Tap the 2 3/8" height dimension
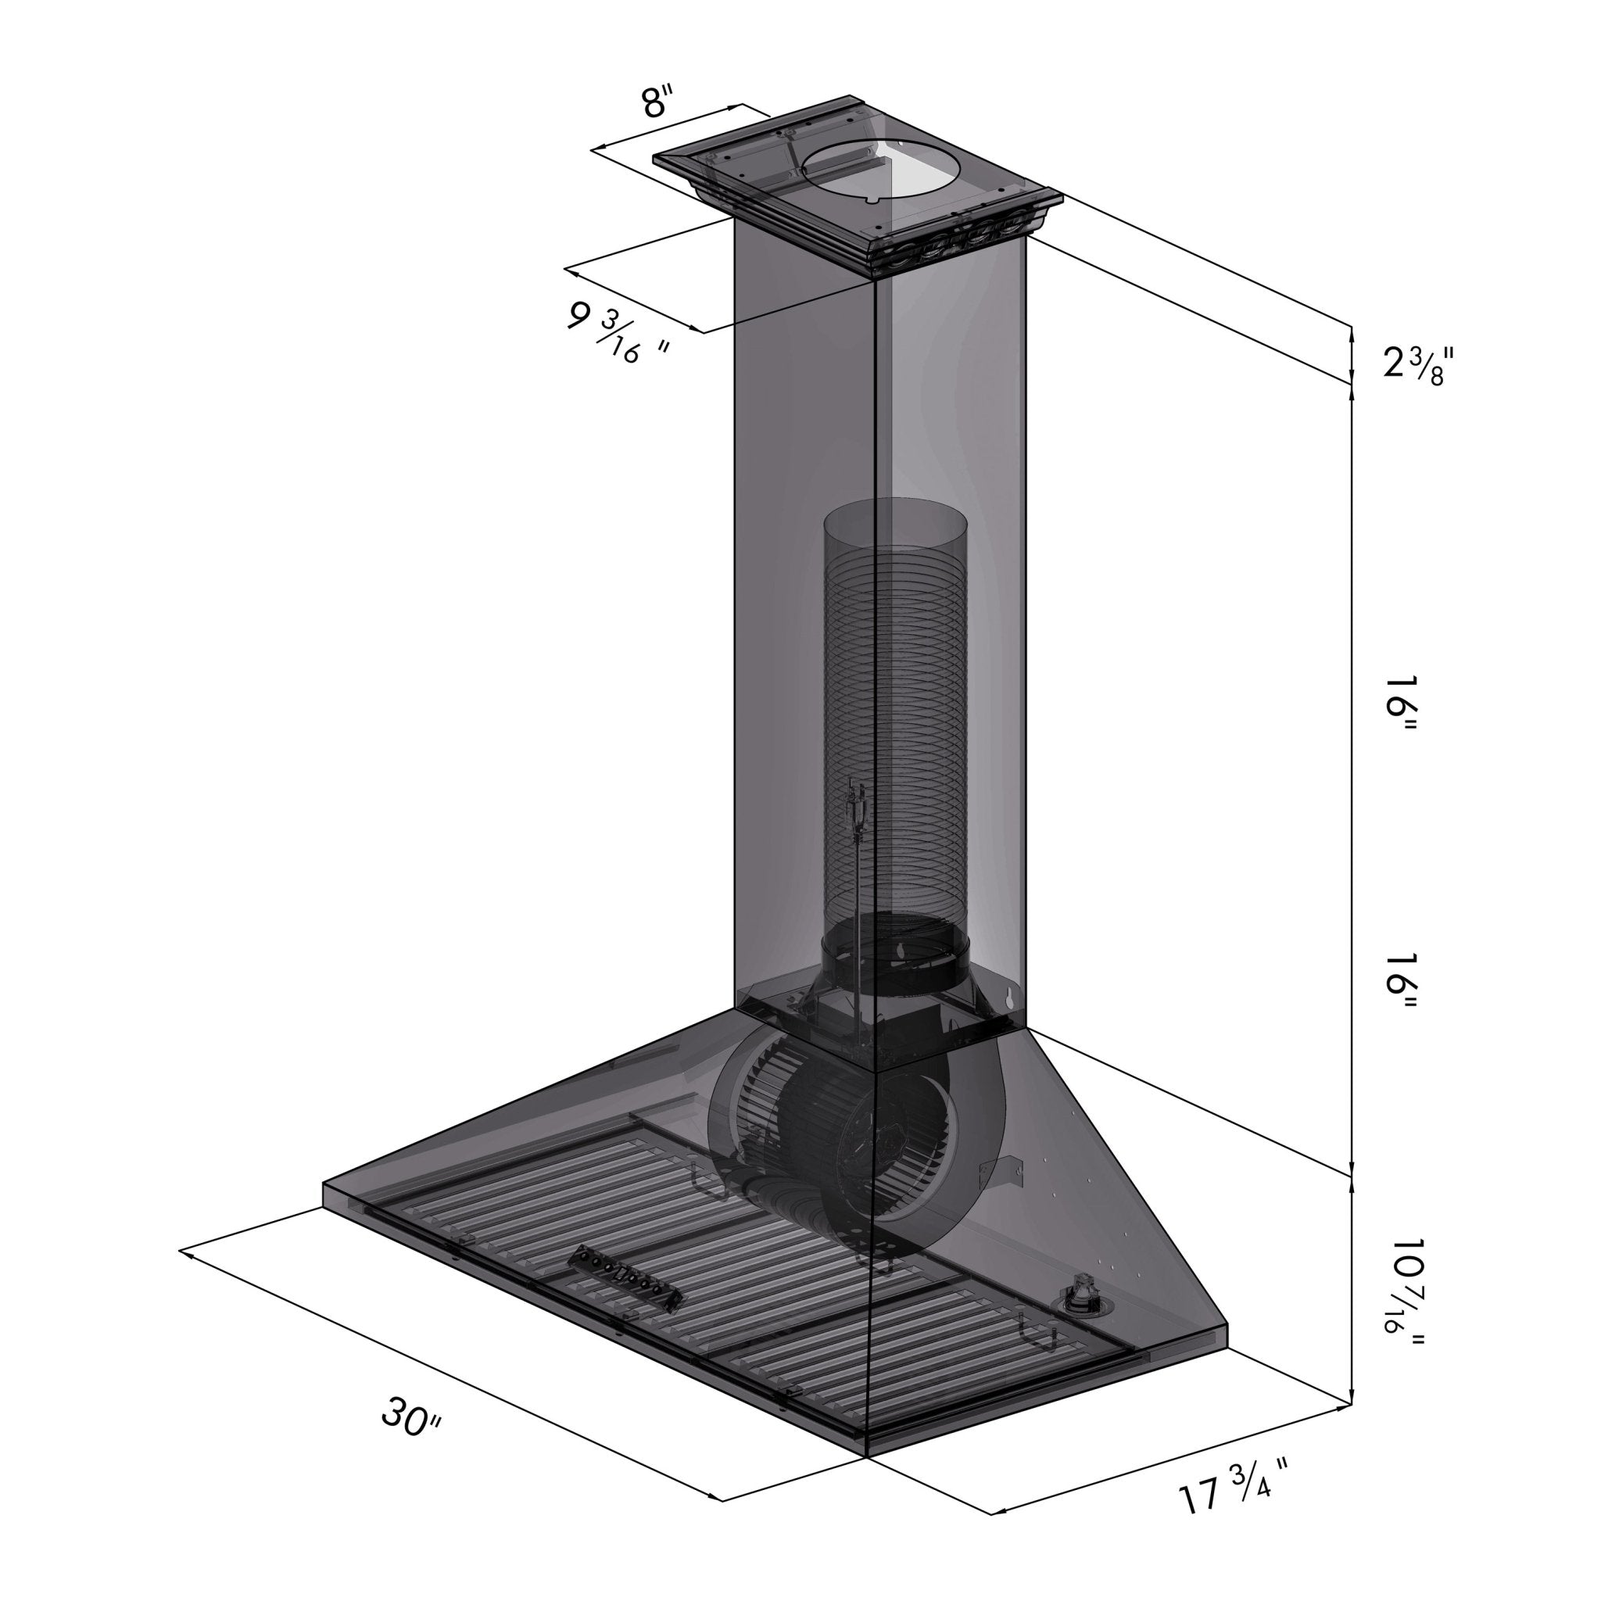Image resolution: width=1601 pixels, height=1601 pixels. (x=1418, y=364)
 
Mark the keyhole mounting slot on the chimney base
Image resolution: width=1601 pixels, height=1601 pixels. (x=1010, y=998)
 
